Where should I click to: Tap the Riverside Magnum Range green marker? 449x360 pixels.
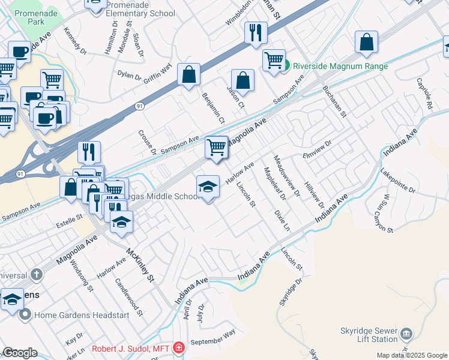coord(287,64)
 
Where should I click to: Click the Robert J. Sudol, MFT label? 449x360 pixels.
coord(132,348)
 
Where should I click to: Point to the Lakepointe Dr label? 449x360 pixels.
coord(397,181)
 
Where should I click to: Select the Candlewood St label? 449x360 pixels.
coord(128,296)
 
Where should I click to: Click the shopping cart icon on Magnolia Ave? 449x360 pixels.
coord(216,147)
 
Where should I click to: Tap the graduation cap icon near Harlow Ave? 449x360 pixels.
coord(208,187)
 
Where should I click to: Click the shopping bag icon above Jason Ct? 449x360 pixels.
coord(243,80)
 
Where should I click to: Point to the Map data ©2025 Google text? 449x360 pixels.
coord(411,355)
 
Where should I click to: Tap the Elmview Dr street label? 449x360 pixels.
coord(318,149)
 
